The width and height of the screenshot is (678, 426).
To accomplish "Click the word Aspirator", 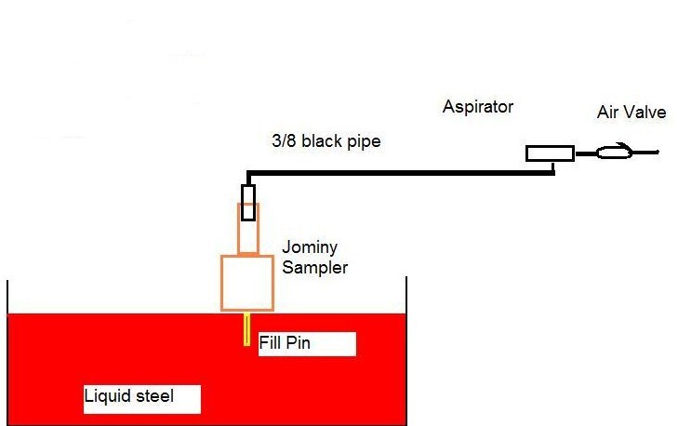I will [478, 107].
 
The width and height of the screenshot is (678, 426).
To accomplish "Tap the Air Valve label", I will [631, 113].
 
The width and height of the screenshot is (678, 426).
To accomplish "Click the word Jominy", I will [307, 249].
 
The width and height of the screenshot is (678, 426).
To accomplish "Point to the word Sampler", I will [315, 268].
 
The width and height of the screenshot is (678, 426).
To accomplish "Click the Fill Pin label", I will [285, 343].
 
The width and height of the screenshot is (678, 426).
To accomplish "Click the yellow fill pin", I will [246, 328].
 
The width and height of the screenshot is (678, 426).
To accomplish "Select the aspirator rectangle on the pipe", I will [550, 153].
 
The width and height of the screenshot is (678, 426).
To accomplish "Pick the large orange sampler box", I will [247, 282].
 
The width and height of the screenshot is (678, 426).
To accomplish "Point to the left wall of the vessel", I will [7, 298].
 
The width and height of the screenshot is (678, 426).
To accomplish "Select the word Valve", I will [648, 113].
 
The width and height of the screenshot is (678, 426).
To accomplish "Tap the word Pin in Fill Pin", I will [298, 343].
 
